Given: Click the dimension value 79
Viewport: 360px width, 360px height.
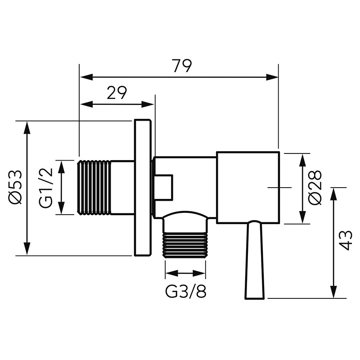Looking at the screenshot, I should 182,66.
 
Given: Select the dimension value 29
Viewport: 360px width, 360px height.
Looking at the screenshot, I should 117,93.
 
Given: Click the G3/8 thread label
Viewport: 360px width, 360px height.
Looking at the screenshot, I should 186,292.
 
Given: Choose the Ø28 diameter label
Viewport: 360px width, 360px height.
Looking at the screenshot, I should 316,187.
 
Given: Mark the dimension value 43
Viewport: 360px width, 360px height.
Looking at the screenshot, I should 346,241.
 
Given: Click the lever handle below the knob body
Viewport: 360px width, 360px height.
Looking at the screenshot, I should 254,261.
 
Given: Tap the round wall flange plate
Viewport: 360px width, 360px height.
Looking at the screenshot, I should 142,188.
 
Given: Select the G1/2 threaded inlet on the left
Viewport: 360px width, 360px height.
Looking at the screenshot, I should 94,187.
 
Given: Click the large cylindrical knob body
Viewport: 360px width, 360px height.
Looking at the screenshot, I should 248,187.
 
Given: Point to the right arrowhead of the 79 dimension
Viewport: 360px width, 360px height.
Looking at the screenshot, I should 274,77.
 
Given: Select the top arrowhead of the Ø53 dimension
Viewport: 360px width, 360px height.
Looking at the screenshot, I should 27,127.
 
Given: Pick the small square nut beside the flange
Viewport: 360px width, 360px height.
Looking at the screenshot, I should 163,187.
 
